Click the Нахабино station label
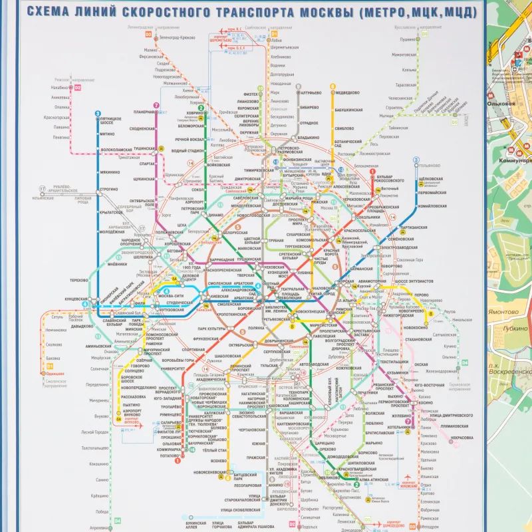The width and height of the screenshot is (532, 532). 61,87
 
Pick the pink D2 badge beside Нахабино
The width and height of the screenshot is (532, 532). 77,87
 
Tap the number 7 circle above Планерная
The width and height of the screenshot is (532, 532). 156,105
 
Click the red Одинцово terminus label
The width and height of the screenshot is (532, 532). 55,374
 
